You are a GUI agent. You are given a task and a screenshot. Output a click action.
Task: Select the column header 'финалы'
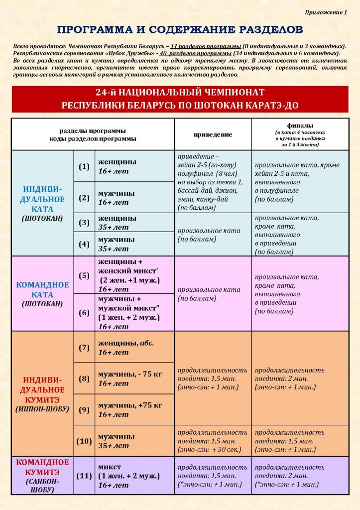coord(300,126)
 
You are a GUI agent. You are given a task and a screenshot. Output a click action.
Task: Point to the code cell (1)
coord(84,166)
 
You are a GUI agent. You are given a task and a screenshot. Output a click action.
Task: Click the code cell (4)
coord(84,244)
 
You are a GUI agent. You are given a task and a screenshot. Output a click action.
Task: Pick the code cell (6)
coord(84,312)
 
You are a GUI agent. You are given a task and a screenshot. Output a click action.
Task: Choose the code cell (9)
coord(84,410)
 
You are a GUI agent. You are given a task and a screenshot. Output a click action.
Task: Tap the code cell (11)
coord(84,476)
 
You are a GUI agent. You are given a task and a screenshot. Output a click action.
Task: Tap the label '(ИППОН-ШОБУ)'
coord(42,409)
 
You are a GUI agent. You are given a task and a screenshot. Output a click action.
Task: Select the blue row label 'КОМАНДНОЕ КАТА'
coord(42,290)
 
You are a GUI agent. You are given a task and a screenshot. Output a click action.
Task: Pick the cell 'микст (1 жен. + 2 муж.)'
coord(128,472)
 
